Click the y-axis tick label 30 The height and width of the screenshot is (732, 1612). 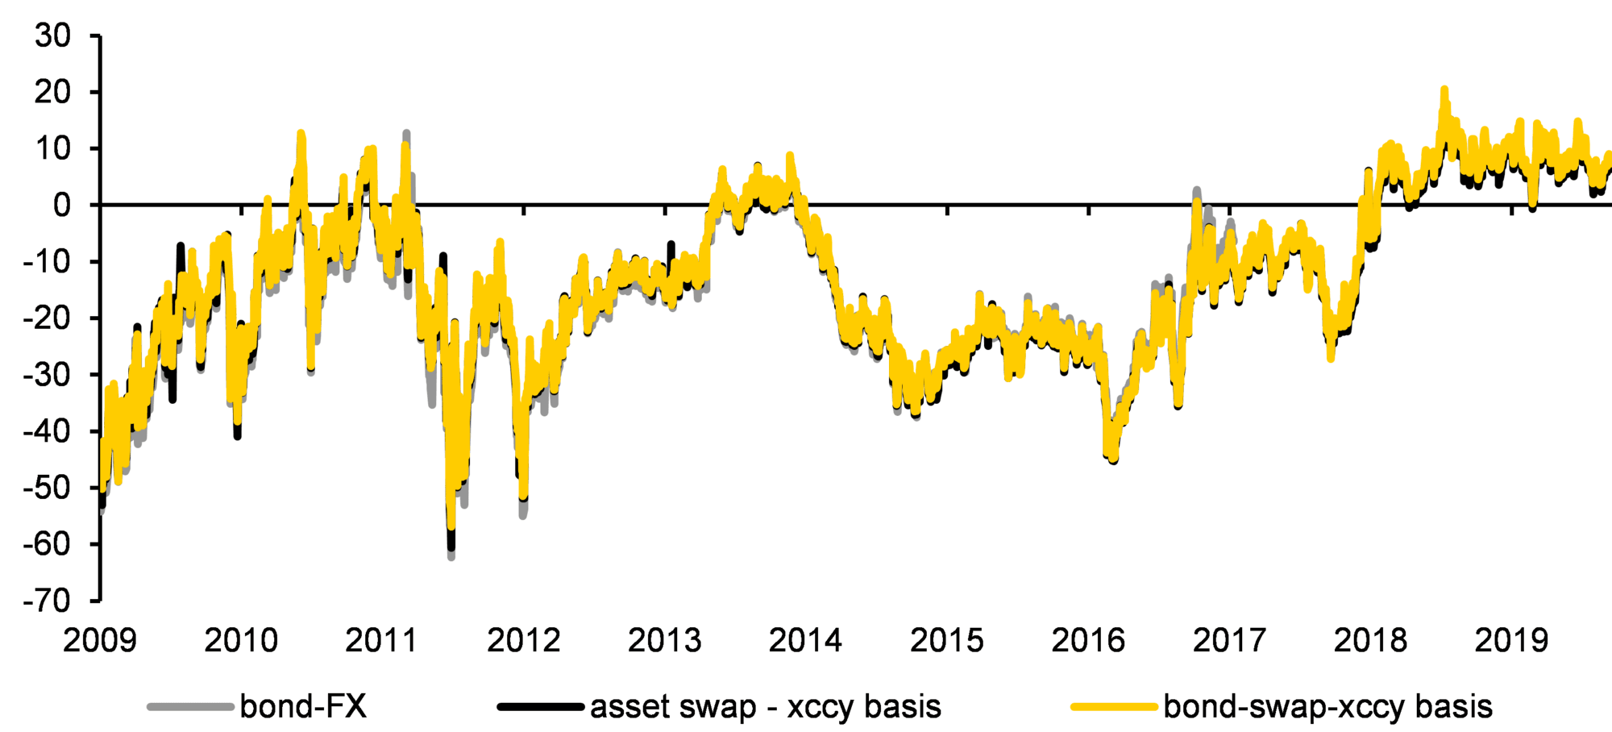tap(52, 36)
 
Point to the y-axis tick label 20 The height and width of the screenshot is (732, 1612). tap(52, 93)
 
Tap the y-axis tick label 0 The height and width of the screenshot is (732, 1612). tap(62, 206)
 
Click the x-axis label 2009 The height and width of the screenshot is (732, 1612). tap(100, 642)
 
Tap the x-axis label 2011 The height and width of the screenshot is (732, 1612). tap(382, 642)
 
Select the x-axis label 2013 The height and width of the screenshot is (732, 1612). tap(665, 642)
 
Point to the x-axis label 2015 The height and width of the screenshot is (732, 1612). tap(947, 642)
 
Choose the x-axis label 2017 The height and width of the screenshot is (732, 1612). tap(1229, 642)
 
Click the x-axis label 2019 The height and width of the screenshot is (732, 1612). tap(1512, 642)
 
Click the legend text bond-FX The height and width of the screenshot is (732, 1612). tap(303, 707)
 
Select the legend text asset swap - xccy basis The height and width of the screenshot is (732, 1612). tap(766, 707)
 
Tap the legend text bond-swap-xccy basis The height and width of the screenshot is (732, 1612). tap(1327, 707)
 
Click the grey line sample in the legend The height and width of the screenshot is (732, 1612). tap(190, 708)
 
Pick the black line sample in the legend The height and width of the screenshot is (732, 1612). tap(541, 708)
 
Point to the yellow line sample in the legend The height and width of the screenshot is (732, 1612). tap(1114, 708)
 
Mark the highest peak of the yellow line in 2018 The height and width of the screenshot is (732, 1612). tap(1444, 89)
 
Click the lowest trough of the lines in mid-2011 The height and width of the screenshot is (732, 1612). tap(451, 555)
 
